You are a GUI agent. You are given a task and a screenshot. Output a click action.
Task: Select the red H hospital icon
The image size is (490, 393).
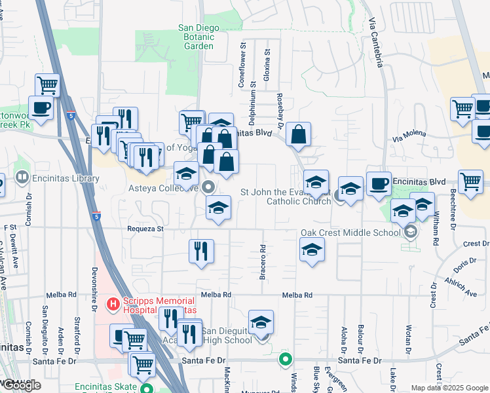112,304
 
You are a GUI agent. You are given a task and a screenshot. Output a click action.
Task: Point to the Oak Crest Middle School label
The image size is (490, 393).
350,233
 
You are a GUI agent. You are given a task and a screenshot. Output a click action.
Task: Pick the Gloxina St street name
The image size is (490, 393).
266,65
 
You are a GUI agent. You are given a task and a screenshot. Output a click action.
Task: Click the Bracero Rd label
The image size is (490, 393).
262,262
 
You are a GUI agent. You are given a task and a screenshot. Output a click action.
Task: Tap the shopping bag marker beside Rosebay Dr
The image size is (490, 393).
298,134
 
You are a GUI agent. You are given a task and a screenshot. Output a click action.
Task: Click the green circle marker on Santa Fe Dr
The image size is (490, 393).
285,359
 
